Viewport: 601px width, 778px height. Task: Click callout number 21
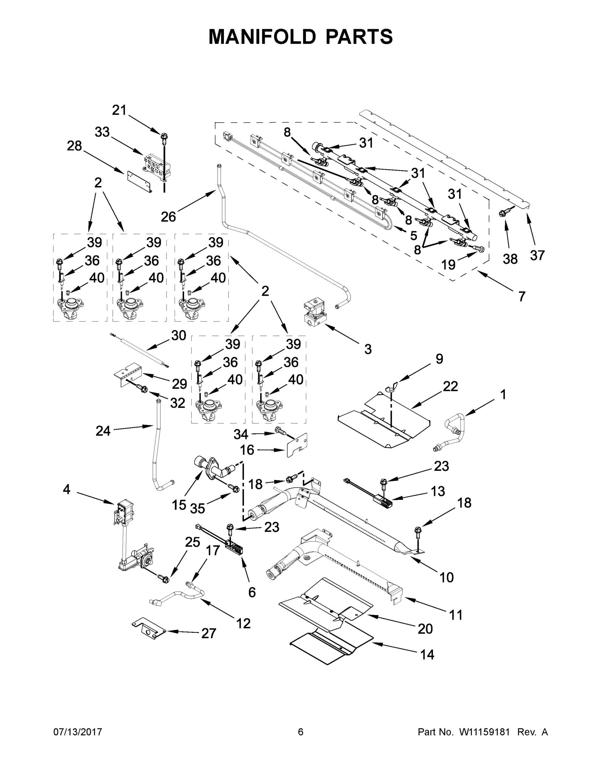click(119, 110)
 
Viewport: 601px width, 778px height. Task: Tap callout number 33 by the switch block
click(102, 132)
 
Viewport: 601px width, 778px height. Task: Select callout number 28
click(75, 146)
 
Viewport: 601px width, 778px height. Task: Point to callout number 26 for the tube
click(168, 217)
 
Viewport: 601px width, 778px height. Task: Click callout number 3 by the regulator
click(368, 349)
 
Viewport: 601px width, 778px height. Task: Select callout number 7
click(522, 296)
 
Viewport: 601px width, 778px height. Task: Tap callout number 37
click(537, 255)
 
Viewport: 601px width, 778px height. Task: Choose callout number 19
click(448, 265)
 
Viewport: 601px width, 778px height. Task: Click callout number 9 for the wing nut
click(439, 359)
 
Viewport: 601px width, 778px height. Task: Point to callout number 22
click(450, 386)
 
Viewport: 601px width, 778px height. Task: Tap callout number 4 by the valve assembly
click(67, 489)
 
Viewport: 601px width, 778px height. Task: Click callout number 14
click(427, 654)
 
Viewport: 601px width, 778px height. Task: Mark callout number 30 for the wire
click(179, 335)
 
